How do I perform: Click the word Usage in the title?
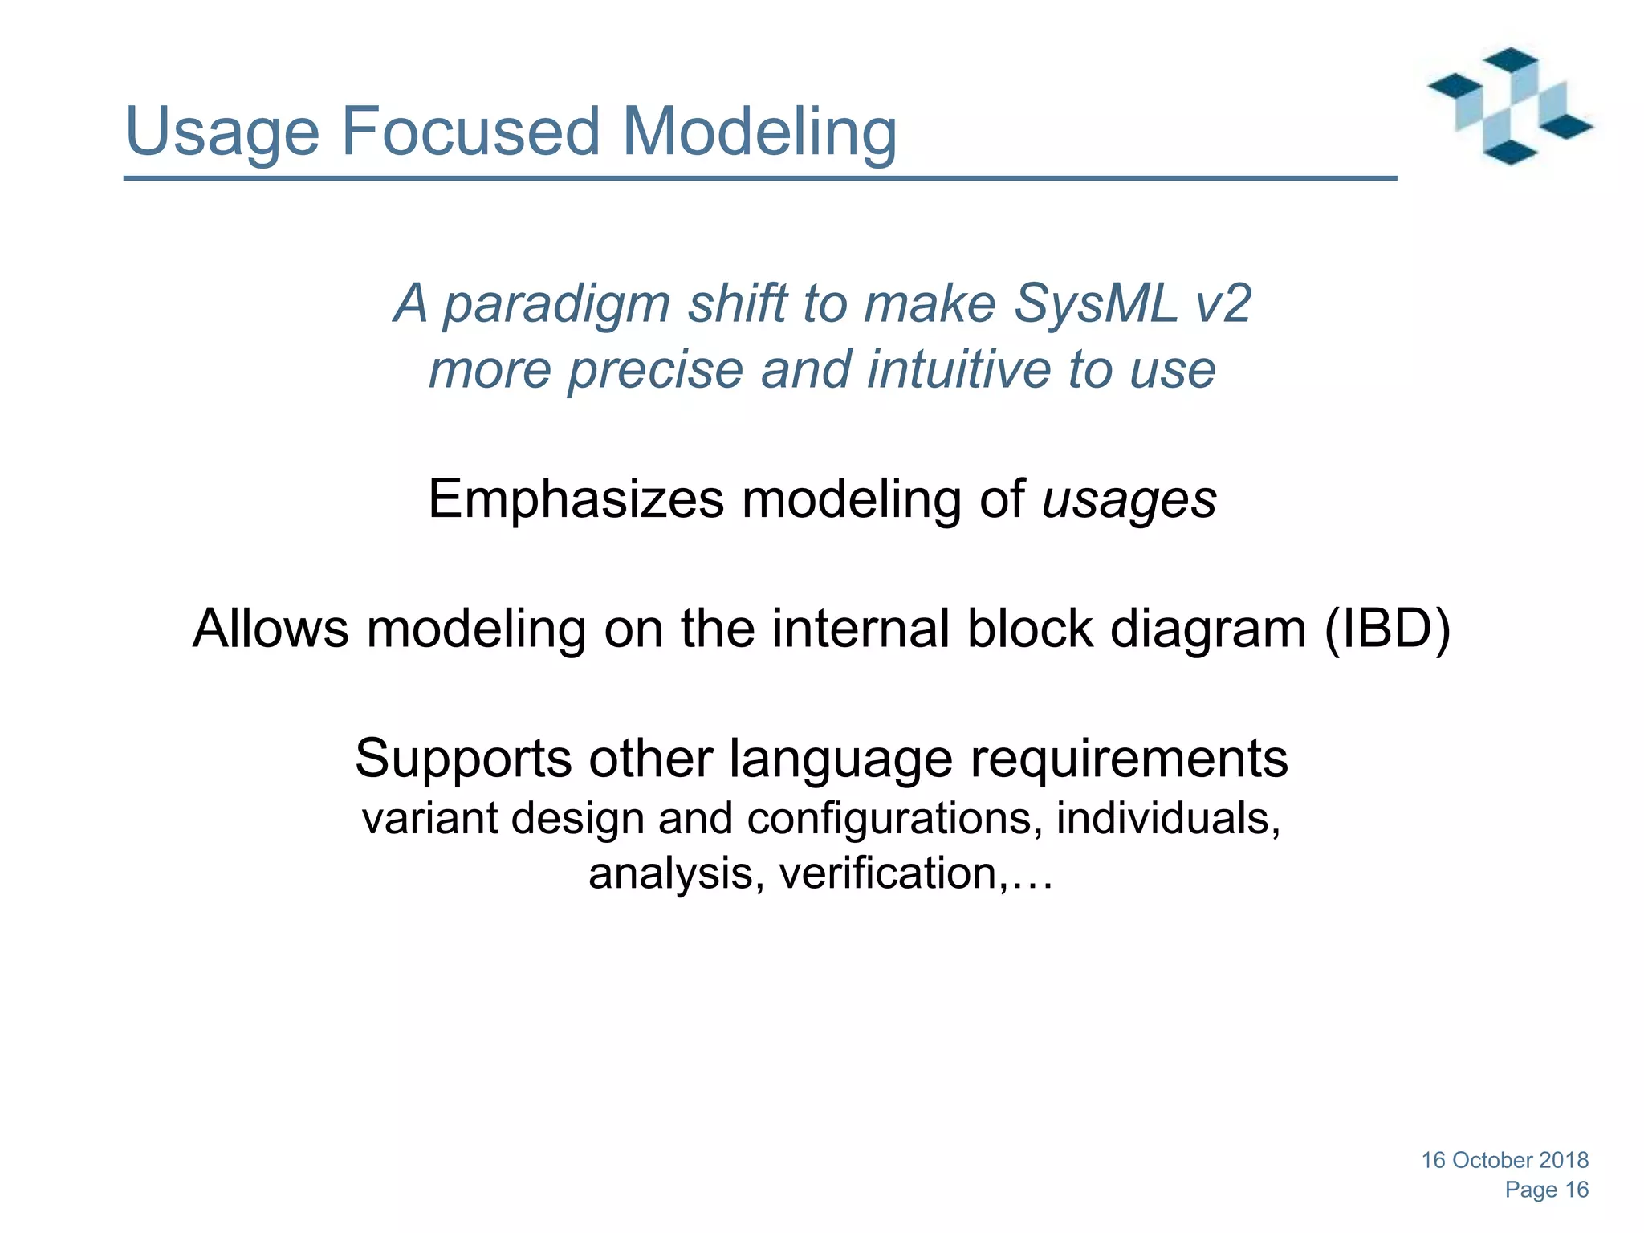tap(222, 132)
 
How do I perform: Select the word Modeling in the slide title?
tap(759, 132)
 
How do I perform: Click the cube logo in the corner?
tap(1510, 106)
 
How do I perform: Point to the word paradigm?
tap(556, 305)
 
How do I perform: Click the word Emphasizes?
tap(576, 499)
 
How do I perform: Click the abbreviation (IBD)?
tap(1387, 629)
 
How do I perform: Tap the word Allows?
tap(271, 629)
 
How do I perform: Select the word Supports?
tap(463, 759)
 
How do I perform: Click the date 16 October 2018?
tap(1505, 1160)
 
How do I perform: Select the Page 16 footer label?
tap(1546, 1190)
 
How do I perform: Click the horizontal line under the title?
tap(759, 178)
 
